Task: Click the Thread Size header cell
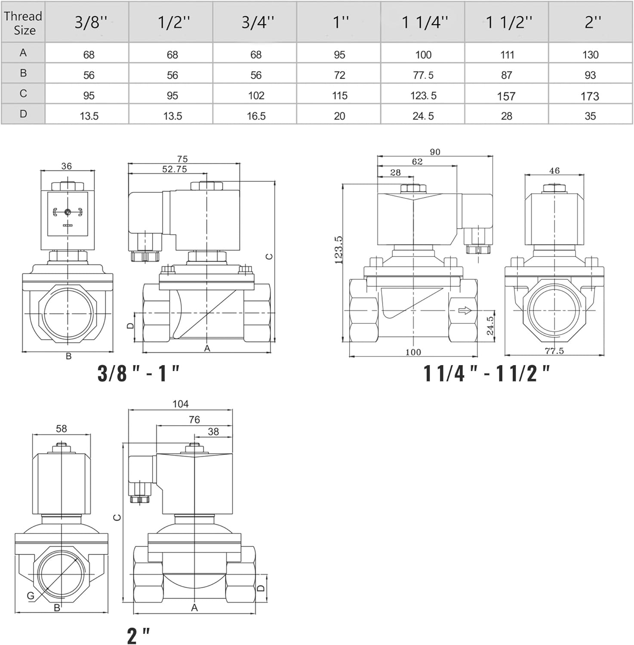tap(23, 22)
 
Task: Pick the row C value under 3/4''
tap(256, 95)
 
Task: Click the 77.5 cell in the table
tap(423, 75)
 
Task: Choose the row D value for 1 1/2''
tap(506, 116)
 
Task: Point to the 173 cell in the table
tap(590, 96)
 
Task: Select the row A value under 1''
tap(339, 55)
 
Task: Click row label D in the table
tap(23, 114)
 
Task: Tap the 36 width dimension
tap(67, 166)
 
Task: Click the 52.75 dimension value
tap(175, 169)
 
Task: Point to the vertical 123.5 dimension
tap(339, 249)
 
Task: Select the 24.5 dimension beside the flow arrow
tap(490, 326)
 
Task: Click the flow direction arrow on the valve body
tap(465, 310)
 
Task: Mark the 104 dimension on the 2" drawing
tap(181, 404)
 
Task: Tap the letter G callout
tap(31, 596)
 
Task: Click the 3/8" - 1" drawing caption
tap(138, 373)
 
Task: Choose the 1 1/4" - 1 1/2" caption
tap(486, 373)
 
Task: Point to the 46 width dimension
tap(554, 171)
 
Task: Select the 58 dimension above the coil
tap(62, 429)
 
